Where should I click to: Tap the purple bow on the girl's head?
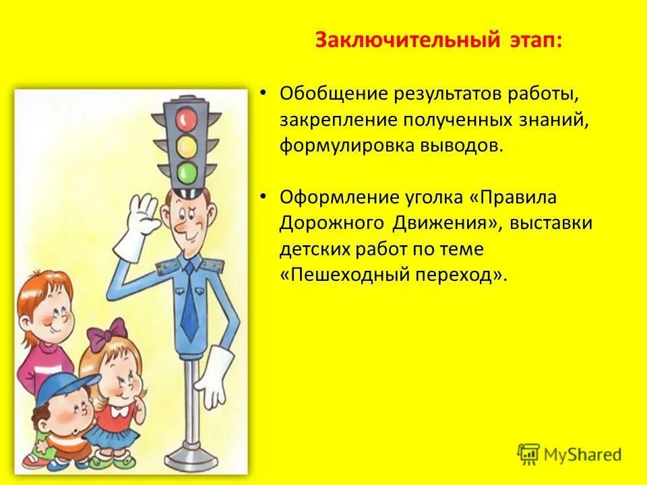108,334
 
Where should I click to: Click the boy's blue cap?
61,387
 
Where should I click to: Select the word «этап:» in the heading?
531,40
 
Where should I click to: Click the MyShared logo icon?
528,455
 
